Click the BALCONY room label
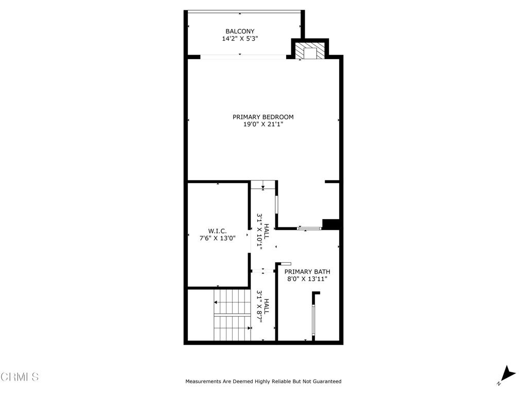click(240, 31)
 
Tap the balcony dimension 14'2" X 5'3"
click(240, 39)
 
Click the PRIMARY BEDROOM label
click(263, 117)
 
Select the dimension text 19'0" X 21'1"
click(263, 124)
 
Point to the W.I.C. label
click(217, 231)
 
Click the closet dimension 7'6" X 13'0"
click(217, 238)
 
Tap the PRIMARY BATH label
click(307, 272)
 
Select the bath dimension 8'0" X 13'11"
click(307, 279)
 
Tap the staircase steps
click(232, 315)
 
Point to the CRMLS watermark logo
click(20, 377)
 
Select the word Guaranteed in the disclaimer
click(326, 382)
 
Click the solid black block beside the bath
click(331, 224)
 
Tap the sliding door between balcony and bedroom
click(243, 57)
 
